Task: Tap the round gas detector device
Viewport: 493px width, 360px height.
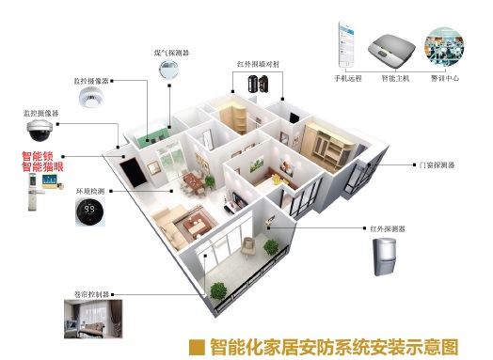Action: click(170, 70)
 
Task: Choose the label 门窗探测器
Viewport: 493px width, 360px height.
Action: click(437, 164)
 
